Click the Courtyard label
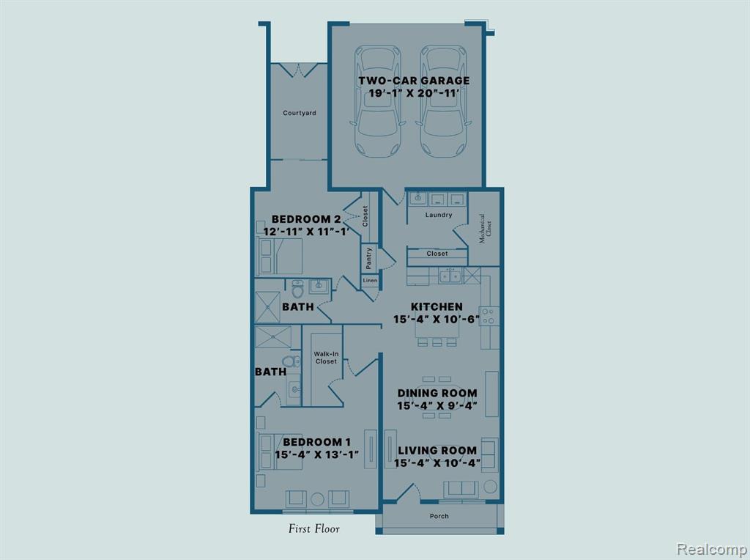[x=300, y=113]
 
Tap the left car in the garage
[x=377, y=100]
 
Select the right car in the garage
[x=443, y=100]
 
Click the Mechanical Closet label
[x=485, y=228]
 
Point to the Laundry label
[x=439, y=215]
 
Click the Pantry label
[x=369, y=258]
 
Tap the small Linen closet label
[x=370, y=281]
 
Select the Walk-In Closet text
[x=326, y=358]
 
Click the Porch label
[x=439, y=516]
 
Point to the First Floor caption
[x=313, y=528]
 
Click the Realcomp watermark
[x=712, y=548]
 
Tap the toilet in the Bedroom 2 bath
[x=298, y=289]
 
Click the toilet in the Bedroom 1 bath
[x=291, y=361]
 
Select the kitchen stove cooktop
[x=489, y=316]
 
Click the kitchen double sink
[x=450, y=276]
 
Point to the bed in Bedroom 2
[x=281, y=256]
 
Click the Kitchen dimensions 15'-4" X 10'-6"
[x=437, y=320]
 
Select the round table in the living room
[x=490, y=487]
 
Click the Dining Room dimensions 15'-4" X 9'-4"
[x=438, y=406]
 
